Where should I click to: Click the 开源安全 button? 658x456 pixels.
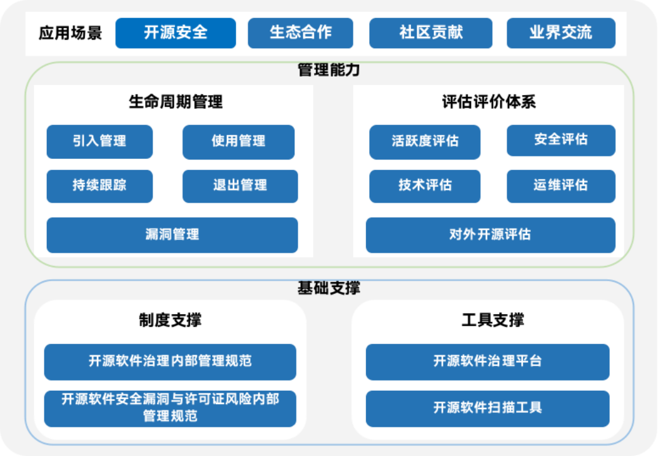175,33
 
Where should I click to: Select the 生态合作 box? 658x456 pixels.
300,33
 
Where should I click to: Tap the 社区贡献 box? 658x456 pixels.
431,33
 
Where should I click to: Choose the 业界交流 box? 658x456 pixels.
560,33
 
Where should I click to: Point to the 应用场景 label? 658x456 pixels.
70,33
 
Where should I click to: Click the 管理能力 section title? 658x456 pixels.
329,70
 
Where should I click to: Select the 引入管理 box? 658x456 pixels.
99,141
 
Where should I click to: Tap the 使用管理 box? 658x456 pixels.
238,141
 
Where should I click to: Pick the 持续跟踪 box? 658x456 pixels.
99,186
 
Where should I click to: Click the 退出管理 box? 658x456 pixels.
240,186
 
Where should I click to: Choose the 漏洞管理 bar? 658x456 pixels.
172,234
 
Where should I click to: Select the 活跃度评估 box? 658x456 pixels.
425,141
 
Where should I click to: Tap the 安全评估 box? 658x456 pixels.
560,140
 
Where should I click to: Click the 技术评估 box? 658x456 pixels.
425,186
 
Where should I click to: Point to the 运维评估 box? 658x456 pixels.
560,186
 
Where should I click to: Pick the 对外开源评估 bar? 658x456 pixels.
490,234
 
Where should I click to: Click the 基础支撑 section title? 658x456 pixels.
329,289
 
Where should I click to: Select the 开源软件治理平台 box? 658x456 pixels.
488,362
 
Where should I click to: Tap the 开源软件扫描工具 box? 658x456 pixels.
488,408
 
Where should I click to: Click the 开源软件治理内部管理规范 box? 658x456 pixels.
170,362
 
